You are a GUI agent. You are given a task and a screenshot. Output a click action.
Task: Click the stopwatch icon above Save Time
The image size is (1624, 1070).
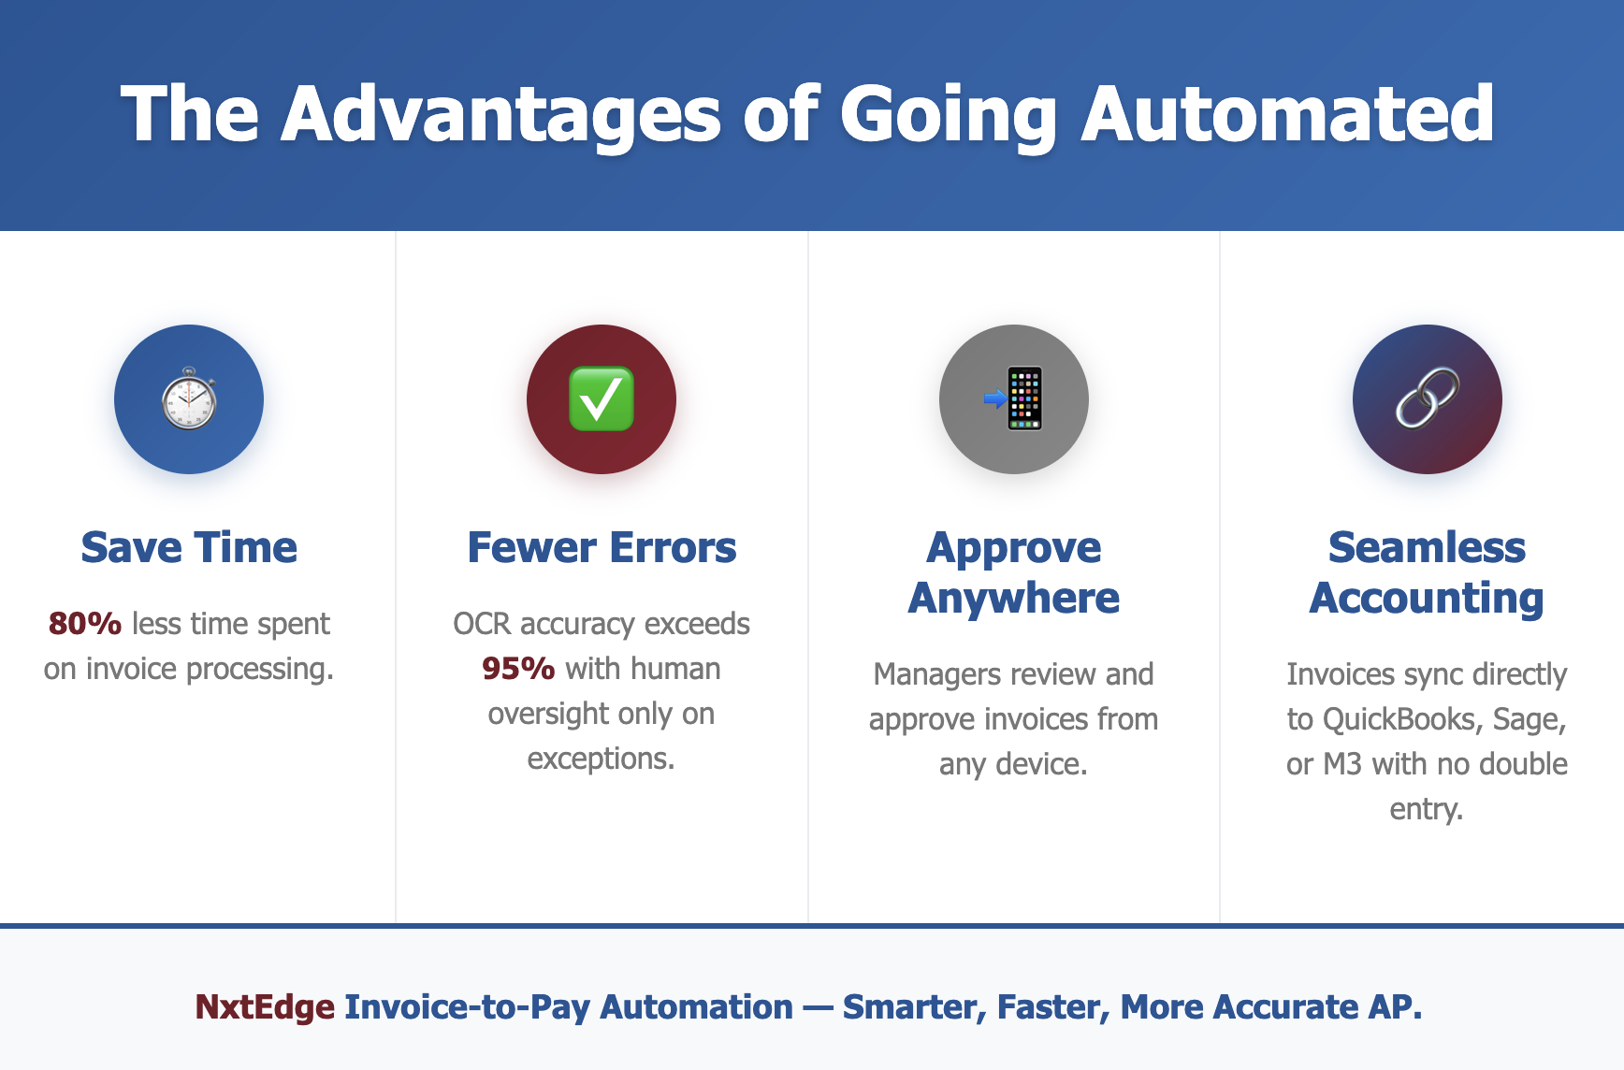click(x=189, y=398)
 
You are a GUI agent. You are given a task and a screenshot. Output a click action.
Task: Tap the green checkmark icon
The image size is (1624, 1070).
click(x=602, y=399)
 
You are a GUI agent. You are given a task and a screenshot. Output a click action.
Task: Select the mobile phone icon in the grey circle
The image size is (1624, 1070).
click(x=1014, y=398)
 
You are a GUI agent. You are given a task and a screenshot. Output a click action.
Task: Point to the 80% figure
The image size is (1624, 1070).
click(x=85, y=623)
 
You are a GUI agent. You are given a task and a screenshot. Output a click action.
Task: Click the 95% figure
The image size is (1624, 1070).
click(x=518, y=668)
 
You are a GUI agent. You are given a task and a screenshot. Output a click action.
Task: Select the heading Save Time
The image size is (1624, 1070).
click(x=189, y=547)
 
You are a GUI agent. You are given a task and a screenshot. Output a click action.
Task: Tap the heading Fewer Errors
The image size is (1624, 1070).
click(x=602, y=547)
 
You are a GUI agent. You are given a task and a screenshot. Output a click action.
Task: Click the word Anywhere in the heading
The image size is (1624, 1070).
click(x=1014, y=599)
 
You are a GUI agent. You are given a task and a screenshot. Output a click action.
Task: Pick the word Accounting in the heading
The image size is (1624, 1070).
click(x=1427, y=599)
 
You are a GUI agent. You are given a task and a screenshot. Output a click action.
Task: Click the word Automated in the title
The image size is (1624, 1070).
click(x=1288, y=114)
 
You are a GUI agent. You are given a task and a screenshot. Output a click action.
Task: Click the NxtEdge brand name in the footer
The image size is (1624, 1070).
click(x=265, y=1006)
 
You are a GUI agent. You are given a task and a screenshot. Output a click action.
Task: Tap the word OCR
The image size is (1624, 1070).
click(x=482, y=623)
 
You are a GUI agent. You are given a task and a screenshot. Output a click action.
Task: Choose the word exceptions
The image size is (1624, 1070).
click(x=601, y=759)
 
